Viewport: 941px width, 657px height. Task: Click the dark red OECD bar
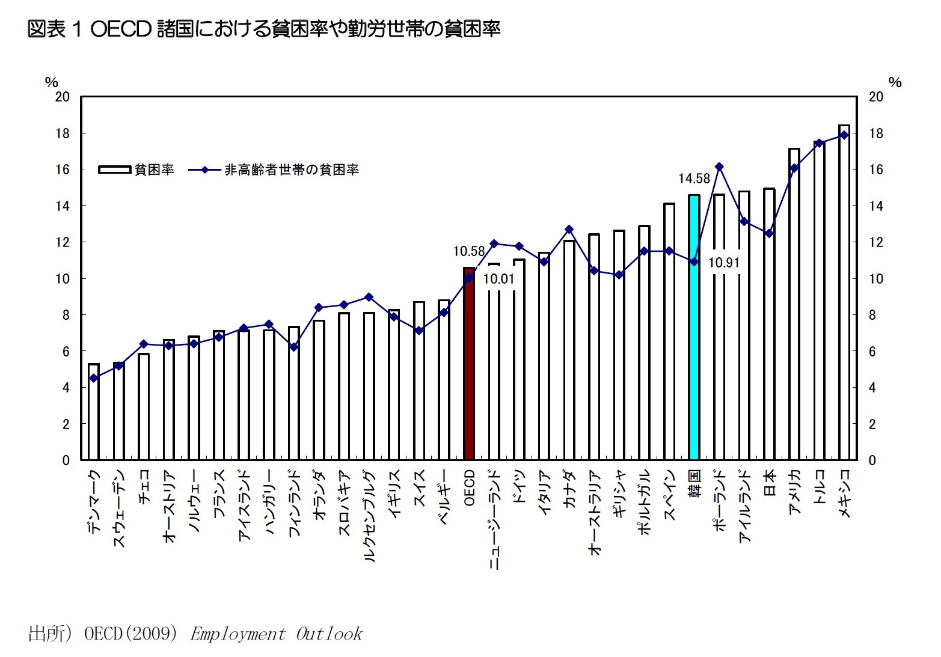[x=469, y=364]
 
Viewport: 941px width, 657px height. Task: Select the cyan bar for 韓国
[x=694, y=328]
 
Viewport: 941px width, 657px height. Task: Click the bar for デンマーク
[x=94, y=412]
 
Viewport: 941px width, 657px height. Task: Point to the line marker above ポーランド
[x=719, y=167]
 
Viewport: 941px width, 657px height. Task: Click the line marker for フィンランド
[x=293, y=347]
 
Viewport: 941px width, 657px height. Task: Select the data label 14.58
[x=694, y=179]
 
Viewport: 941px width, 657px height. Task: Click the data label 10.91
[x=723, y=263]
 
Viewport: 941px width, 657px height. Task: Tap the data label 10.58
[x=468, y=251]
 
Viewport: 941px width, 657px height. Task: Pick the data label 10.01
[x=498, y=279]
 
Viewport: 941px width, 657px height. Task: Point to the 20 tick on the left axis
[x=63, y=97]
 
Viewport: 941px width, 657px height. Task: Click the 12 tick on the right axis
[x=876, y=242]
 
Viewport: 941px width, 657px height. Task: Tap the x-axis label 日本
[x=769, y=484]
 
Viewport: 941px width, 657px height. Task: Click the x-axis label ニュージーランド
[x=494, y=520]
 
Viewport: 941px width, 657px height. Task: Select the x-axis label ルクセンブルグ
[x=369, y=516]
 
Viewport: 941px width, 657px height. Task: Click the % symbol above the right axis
[x=895, y=82]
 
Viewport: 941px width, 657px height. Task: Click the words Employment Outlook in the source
[x=276, y=634]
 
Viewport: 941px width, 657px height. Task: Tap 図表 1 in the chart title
[x=54, y=29]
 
